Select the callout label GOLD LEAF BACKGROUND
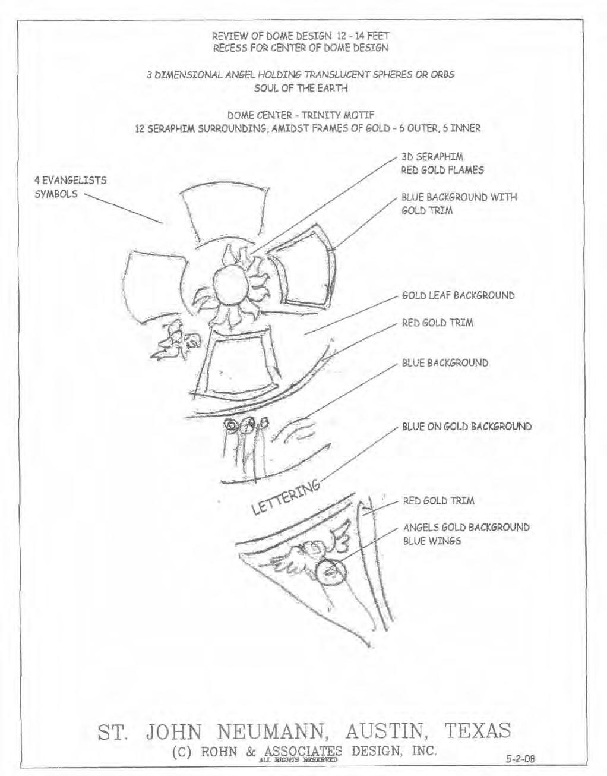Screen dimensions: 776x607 click(x=458, y=295)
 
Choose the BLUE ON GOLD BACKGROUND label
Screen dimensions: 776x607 click(x=466, y=427)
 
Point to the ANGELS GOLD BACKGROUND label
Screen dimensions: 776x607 click(x=466, y=527)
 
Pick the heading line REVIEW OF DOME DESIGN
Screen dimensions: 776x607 click(x=300, y=36)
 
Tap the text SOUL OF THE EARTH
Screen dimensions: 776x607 click(x=300, y=89)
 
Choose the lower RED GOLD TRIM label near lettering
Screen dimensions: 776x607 click(x=438, y=500)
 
